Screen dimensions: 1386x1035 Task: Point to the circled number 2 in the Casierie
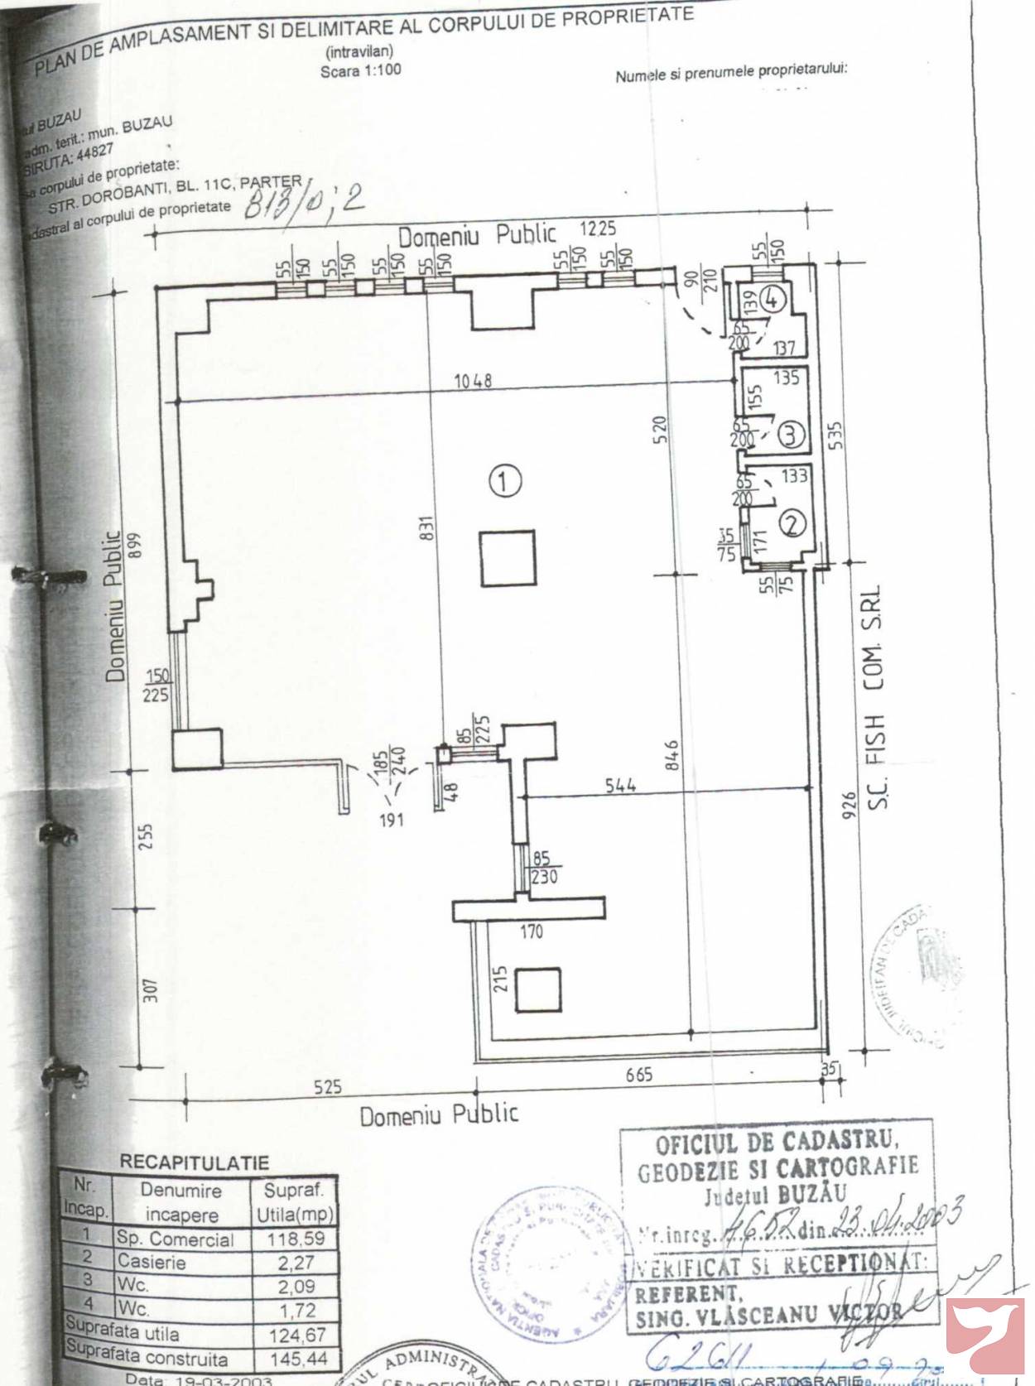point(793,522)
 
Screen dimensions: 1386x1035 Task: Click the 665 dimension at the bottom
point(639,1074)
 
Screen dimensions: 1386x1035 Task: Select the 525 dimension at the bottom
point(329,1086)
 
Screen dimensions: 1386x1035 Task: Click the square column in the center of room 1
point(507,558)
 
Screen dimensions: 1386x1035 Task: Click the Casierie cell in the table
point(152,1263)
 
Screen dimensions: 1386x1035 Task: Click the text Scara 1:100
point(360,70)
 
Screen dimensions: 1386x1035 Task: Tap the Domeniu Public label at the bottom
point(439,1114)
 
